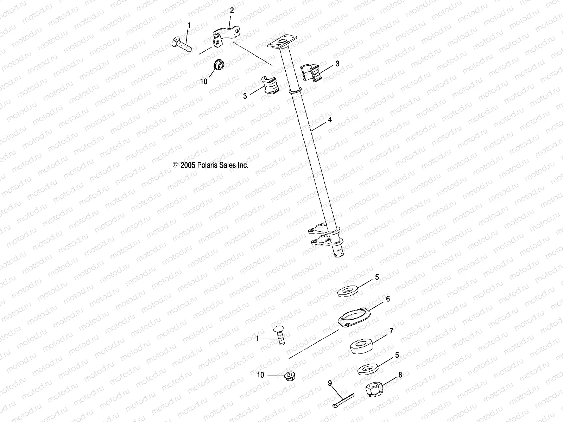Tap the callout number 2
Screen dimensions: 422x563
(232, 11)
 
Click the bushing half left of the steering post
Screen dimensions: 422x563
(270, 86)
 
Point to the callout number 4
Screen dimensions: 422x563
(330, 120)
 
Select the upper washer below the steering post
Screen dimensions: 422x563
(348, 292)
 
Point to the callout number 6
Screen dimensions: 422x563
(388, 299)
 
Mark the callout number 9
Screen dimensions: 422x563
(330, 383)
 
